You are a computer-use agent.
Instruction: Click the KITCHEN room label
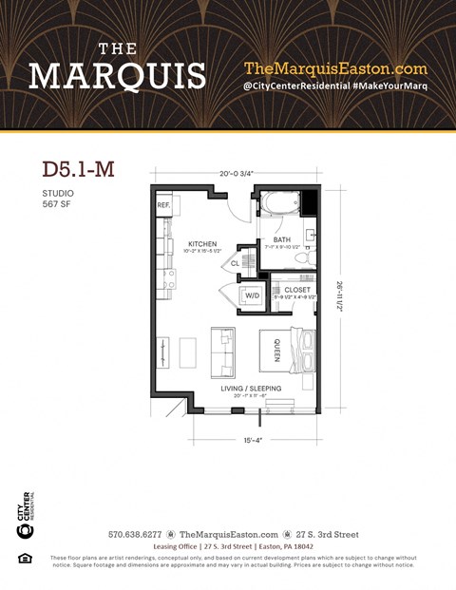(201, 244)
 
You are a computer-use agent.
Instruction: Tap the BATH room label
(282, 240)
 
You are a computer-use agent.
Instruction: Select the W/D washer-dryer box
(252, 295)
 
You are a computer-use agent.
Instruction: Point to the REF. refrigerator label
(163, 204)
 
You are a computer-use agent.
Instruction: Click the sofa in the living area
(222, 352)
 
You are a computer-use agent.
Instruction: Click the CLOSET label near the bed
(296, 290)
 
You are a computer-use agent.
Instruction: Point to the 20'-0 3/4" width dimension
(237, 174)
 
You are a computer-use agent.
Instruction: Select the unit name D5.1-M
(79, 169)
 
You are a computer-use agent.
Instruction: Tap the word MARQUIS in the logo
(117, 75)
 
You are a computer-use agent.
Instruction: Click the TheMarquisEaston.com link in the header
(335, 68)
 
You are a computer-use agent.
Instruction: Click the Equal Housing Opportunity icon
(25, 559)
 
